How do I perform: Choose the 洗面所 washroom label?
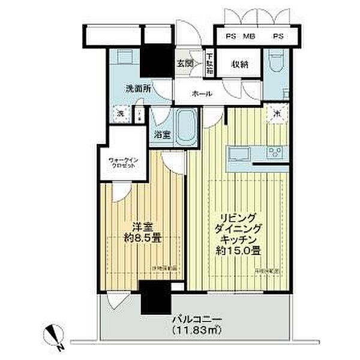tap(137, 89)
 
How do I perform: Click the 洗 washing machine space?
tap(121, 113)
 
